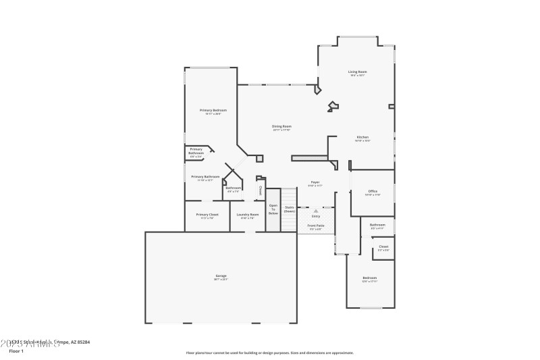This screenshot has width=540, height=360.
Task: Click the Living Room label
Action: (x=357, y=72)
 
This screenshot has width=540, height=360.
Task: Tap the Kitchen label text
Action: (x=362, y=137)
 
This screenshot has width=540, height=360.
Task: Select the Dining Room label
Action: (x=281, y=126)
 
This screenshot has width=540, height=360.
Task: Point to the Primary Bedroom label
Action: (x=213, y=110)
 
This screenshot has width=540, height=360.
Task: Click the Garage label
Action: (x=221, y=276)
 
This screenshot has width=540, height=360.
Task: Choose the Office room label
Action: (x=373, y=192)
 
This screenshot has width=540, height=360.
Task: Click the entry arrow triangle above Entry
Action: (x=315, y=211)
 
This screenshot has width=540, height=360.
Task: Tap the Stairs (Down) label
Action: (x=289, y=209)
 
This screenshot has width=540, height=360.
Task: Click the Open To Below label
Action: (x=273, y=209)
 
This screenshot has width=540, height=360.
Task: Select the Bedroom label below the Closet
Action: (x=369, y=278)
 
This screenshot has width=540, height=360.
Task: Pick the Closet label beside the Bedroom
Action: (x=383, y=247)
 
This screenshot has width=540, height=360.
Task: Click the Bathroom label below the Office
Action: (x=377, y=225)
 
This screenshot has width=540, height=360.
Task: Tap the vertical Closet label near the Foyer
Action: (x=261, y=190)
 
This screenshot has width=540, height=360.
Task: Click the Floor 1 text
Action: (x=16, y=351)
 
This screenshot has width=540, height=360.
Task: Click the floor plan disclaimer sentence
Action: (x=269, y=353)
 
